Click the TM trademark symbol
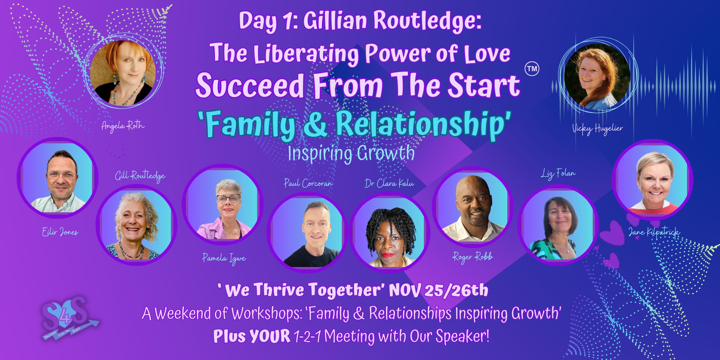point(532,69)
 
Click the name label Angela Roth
point(123,126)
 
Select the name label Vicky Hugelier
point(597,129)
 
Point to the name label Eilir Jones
point(60,232)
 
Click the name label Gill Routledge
point(140,176)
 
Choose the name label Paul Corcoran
point(308,183)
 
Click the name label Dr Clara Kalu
point(389,183)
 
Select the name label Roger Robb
point(472,257)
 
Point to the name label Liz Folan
point(558,174)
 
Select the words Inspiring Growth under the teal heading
point(351,154)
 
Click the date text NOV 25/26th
point(438,290)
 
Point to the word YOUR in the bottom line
point(270,336)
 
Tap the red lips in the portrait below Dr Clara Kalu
point(388,255)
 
